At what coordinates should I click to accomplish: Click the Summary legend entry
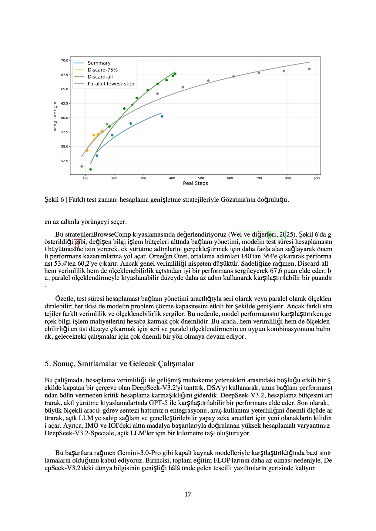pos(99,63)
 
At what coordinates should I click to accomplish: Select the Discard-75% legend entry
pos(102,70)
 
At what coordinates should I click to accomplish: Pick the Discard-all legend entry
pos(100,77)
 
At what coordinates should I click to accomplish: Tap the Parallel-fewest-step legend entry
pos(111,84)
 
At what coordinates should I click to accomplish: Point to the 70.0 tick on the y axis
pos(65,61)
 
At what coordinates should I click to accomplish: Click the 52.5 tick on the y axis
pos(65,161)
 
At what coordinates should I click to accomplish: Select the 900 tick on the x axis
pos(317,178)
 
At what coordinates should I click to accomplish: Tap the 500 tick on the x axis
pos(201,178)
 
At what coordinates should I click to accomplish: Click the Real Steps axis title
pos(195,183)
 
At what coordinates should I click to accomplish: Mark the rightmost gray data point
pos(309,69)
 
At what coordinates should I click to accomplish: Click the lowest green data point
pos(91,169)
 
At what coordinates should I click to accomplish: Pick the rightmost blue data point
pos(162,116)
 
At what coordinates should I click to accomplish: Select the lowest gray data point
pos(82,166)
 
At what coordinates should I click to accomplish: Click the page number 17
pos(188,494)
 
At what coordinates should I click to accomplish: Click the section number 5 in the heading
pos(46,364)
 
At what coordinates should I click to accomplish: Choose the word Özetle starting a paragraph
pos(64,299)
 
